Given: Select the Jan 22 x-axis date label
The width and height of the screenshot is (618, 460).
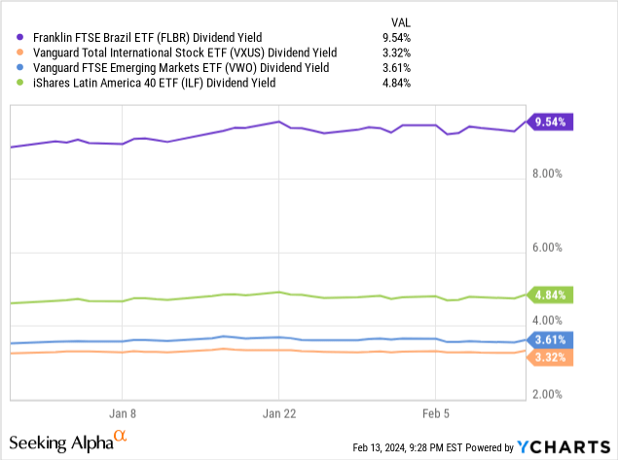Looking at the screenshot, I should (x=278, y=411).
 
